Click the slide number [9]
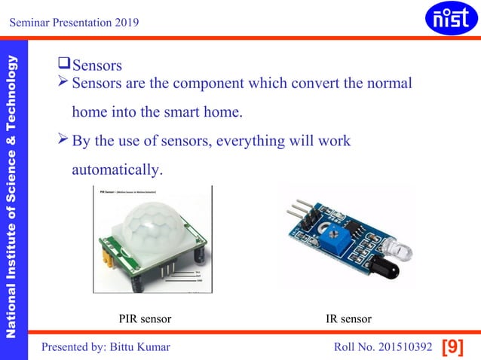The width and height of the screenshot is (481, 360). pos(452,346)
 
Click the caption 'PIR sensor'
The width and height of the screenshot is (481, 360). pos(145,319)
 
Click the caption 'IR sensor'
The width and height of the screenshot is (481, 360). pos(348,319)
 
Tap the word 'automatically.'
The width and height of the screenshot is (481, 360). pos(116,170)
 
